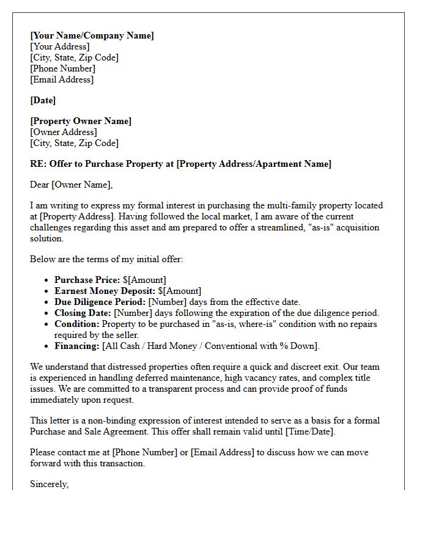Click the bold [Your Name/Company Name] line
click(92, 35)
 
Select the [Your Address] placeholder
click(59, 46)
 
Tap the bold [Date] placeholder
click(43, 100)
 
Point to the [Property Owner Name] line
click(81, 121)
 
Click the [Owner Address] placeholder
click(64, 132)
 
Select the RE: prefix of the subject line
click(38, 164)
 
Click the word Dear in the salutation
click(39, 185)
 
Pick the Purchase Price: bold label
click(87, 280)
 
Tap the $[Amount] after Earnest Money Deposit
click(179, 291)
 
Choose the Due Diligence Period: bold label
click(100, 302)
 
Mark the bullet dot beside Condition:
click(48, 324)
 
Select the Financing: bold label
click(76, 346)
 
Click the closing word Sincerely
click(49, 484)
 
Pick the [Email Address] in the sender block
click(62, 79)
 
